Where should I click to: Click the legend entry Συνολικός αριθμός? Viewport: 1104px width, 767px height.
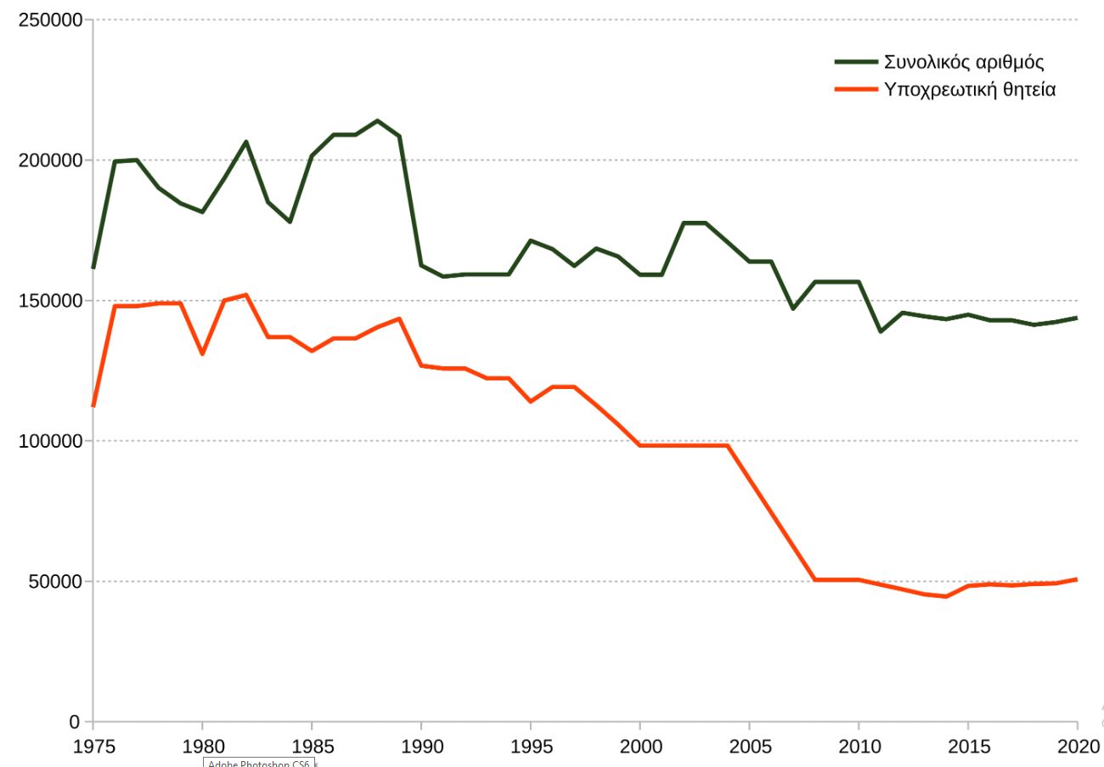pos(964,62)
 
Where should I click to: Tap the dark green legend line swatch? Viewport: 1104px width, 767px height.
pos(856,62)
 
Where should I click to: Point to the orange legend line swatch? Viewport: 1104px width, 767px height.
pos(856,88)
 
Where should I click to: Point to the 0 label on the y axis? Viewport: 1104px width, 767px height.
pos(75,722)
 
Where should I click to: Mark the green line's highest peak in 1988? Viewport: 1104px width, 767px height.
pos(377,121)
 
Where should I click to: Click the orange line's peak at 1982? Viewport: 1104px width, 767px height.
pos(245,295)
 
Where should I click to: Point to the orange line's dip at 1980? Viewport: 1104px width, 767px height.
pos(202,353)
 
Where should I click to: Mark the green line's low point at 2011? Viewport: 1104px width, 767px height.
pos(881,331)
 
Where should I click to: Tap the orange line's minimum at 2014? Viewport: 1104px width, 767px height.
pos(946,596)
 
